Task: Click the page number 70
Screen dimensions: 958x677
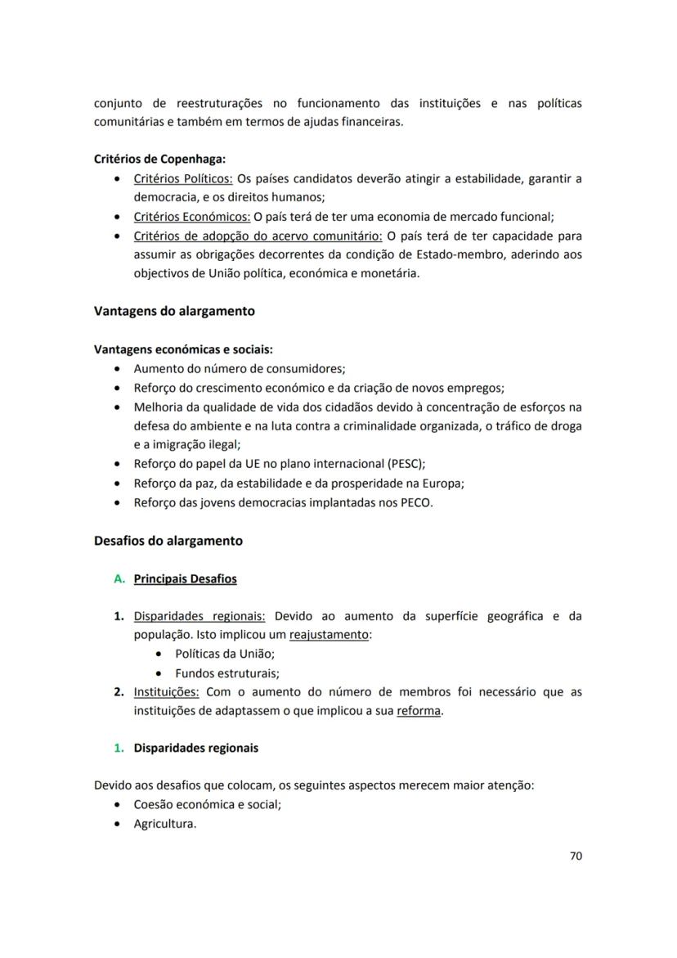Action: tap(576, 857)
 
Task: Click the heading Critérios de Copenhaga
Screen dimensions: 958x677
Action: tap(160, 160)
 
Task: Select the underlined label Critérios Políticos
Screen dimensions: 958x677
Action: tap(183, 178)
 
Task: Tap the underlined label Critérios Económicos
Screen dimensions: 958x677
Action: tap(192, 217)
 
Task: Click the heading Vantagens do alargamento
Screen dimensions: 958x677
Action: tap(174, 311)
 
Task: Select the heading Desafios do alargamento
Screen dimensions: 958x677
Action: tap(168, 541)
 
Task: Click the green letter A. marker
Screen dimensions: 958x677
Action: tap(119, 579)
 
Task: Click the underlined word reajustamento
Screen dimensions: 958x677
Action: tap(330, 635)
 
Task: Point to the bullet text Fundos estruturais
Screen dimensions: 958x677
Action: tap(227, 673)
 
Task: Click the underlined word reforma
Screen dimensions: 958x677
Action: tap(419, 711)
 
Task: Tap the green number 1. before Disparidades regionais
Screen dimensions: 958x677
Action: tap(119, 748)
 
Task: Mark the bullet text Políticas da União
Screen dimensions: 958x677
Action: tap(225, 654)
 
